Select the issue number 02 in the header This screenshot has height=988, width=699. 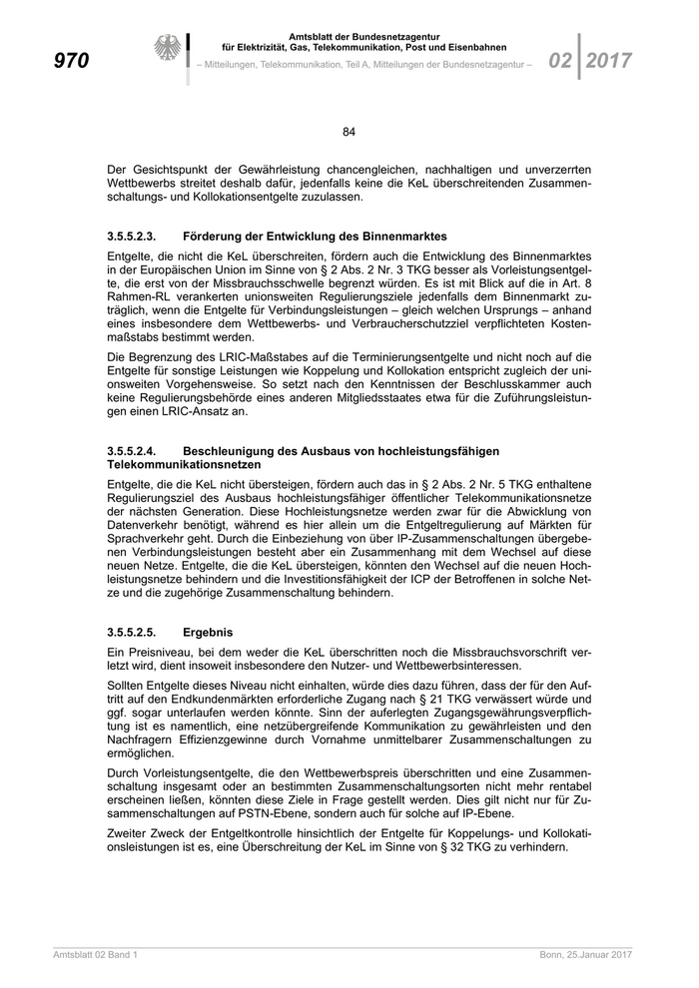point(560,60)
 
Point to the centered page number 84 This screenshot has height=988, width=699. point(349,132)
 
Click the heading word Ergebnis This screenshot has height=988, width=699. point(208,633)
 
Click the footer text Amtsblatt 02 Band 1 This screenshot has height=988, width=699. point(95,956)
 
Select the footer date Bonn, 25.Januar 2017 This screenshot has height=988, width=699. point(586,956)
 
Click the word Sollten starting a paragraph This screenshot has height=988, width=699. point(127,689)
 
